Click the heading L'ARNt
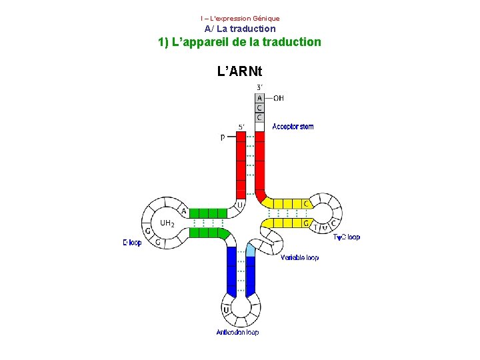[240, 70]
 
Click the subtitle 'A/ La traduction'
[240, 29]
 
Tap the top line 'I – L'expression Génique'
[240, 18]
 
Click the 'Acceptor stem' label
[293, 127]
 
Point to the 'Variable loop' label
[299, 257]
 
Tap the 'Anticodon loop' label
[237, 332]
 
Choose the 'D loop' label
[132, 243]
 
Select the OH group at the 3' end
[279, 98]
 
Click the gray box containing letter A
[259, 98]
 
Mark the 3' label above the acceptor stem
[259, 87]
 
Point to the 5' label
[241, 127]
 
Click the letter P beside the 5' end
[223, 137]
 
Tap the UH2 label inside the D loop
[167, 223]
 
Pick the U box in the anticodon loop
[227, 309]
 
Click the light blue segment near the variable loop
[251, 250]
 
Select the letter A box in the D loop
[183, 211]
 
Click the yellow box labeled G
[306, 223]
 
